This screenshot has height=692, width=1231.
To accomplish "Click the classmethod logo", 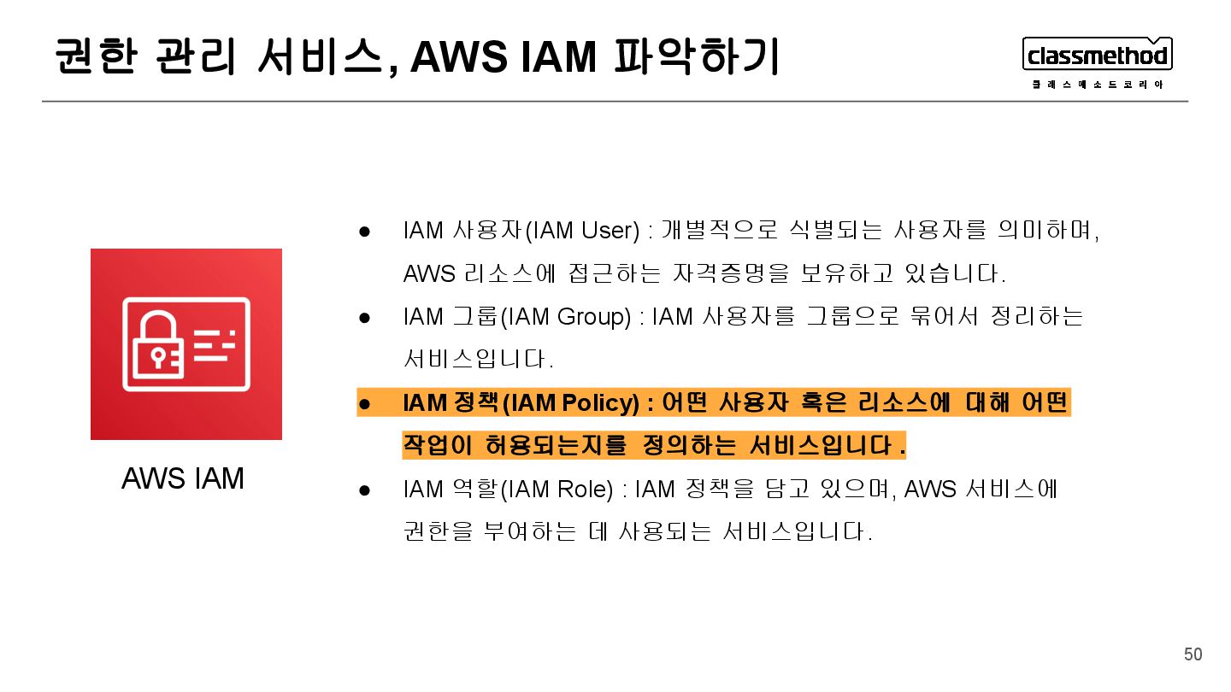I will click(x=1097, y=56).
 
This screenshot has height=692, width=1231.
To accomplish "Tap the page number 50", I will click(x=1193, y=654).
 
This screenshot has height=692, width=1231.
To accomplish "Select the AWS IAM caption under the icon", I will click(x=183, y=478).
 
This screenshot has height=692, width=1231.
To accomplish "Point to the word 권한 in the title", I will click(x=95, y=56).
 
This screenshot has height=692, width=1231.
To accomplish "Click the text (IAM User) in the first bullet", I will click(x=581, y=231).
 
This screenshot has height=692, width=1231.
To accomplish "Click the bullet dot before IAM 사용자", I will click(x=364, y=232).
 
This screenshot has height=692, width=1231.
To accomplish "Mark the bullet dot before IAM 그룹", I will click(x=364, y=318).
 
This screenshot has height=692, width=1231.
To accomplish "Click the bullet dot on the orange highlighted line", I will click(x=364, y=403).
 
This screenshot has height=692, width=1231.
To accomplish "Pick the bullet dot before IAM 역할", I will click(x=364, y=490).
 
